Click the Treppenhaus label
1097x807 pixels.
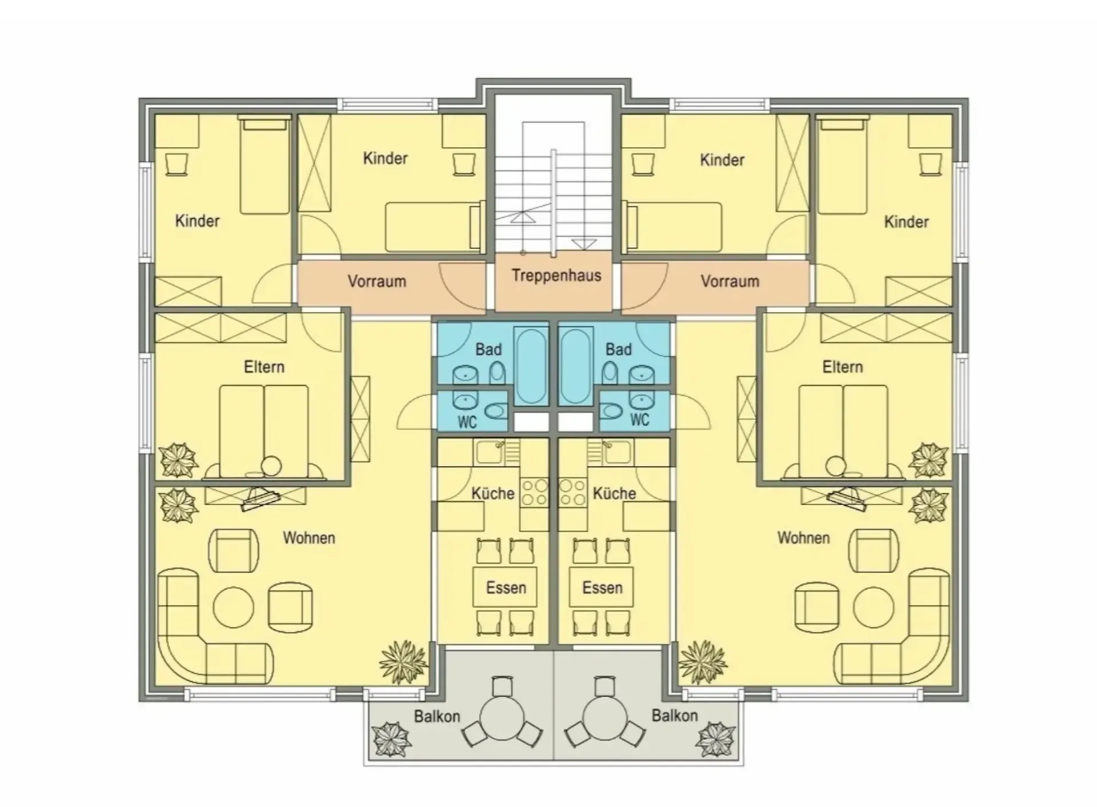[x=556, y=275]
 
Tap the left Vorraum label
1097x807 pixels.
[x=377, y=281]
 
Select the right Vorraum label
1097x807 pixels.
[x=730, y=281]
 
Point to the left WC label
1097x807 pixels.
[x=467, y=422]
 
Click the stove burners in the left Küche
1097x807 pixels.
[x=534, y=493]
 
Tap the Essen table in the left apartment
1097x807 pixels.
[x=505, y=587]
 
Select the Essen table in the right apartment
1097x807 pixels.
[x=602, y=587]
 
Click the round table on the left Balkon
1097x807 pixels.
[x=502, y=717]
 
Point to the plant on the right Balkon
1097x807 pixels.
[x=715, y=739]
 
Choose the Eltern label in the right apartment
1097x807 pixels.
[x=842, y=367]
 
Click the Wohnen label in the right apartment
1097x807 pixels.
[x=803, y=538]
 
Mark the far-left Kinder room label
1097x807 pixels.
[x=197, y=221]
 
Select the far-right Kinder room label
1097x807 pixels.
[x=906, y=222]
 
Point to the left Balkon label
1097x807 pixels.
[x=437, y=716]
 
